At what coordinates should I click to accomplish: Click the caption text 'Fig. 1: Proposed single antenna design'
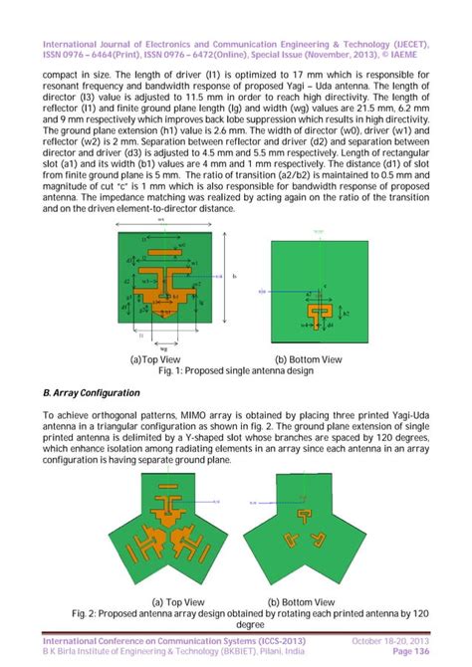(235, 370)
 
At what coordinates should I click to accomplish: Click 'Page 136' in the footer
(411, 652)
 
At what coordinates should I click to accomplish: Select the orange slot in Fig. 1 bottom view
(320, 316)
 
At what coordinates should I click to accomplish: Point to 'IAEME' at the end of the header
(410, 57)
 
